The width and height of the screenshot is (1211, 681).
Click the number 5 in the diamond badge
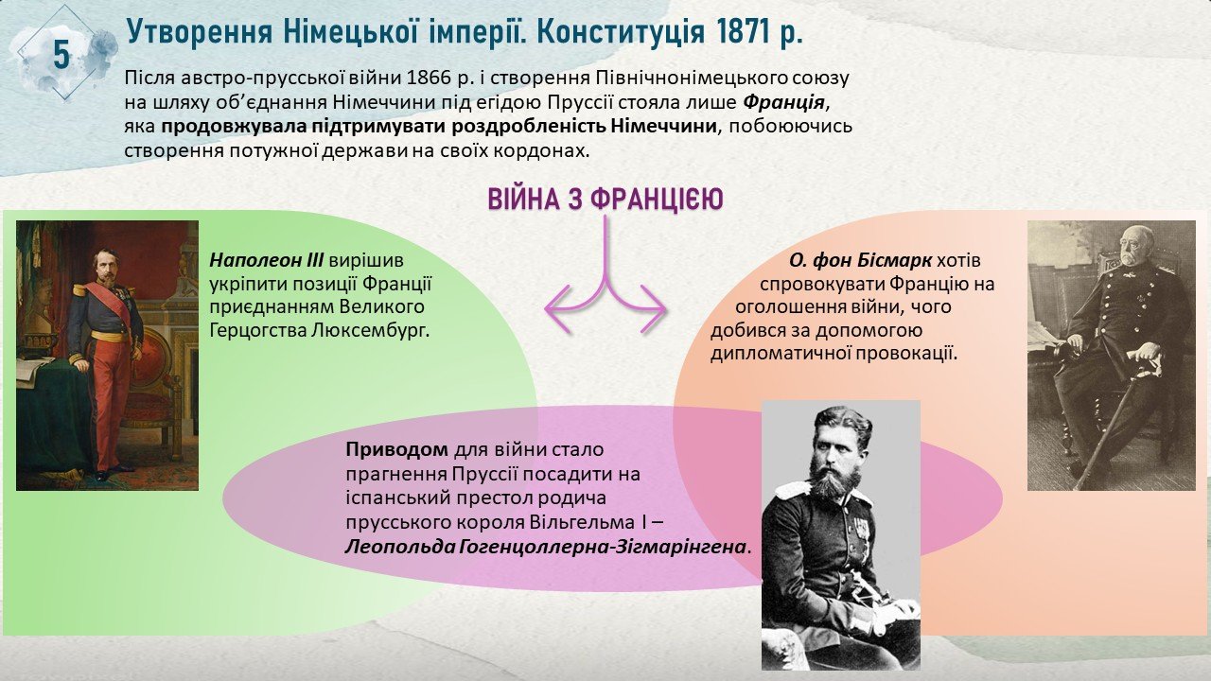61,55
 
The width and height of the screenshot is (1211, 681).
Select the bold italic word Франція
784,102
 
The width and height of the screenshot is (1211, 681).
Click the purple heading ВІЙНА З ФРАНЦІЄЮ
605,200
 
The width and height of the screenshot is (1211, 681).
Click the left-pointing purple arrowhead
557,308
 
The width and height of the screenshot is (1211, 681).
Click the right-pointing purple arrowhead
653,308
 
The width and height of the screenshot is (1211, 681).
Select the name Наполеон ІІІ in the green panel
267,260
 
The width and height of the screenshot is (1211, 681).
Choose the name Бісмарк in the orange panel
894,260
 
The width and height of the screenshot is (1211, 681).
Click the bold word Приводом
396,449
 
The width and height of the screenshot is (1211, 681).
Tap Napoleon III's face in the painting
105,266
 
